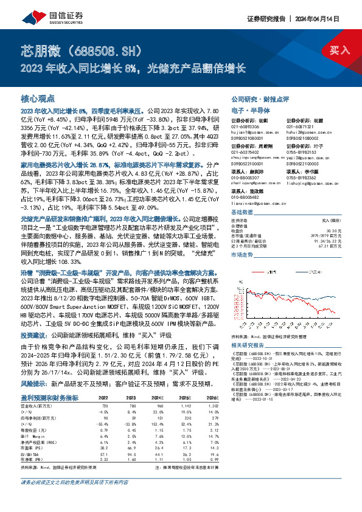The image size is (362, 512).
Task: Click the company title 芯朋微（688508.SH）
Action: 82,49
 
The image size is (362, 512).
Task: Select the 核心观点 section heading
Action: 38,99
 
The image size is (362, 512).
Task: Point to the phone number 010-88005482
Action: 247,196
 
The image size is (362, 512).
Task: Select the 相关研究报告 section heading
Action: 249,345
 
